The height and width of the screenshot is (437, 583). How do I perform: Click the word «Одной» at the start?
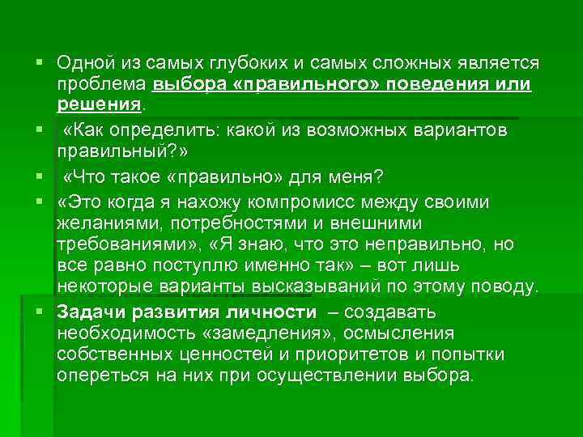82,63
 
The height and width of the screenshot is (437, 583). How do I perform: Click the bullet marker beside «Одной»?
39,62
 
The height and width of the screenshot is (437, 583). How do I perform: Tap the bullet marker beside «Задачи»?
39,312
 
